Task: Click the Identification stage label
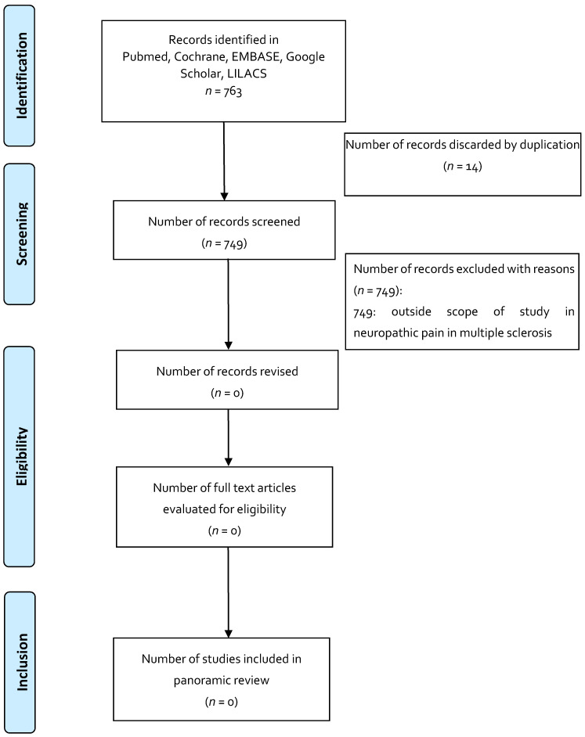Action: pyautogui.click(x=30, y=74)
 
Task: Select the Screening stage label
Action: pyautogui.click(x=30, y=233)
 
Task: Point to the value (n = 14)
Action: pyautogui.click(x=463, y=166)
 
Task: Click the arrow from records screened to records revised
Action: pyautogui.click(x=228, y=304)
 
